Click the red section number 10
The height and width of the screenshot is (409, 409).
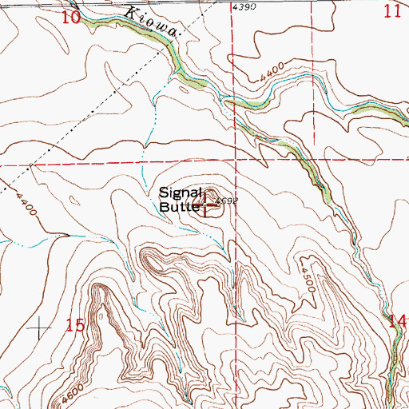coord(71,15)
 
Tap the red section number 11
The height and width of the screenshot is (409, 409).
coord(391,10)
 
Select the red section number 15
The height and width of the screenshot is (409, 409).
coord(75,325)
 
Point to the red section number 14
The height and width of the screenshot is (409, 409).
coord(397,321)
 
